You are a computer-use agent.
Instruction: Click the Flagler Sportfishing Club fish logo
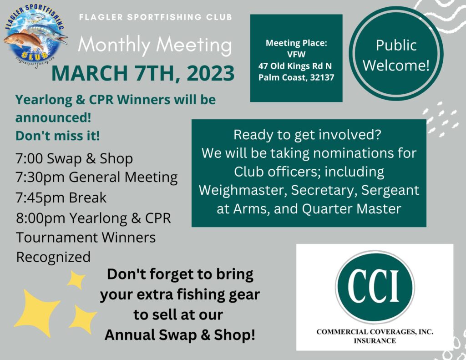[35, 35]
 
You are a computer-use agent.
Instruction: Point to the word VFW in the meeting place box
[296, 55]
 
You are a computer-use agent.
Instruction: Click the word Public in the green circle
[396, 46]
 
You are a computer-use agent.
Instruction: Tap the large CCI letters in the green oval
[375, 286]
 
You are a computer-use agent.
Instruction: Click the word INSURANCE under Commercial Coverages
[375, 341]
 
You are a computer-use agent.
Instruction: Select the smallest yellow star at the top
[76, 280]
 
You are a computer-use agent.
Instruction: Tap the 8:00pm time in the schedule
[41, 218]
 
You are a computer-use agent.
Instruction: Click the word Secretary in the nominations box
[324, 191]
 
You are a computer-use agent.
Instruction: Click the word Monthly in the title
[114, 46]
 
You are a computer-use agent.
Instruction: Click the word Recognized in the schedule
[53, 257]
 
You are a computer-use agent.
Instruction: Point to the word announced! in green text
[53, 118]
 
